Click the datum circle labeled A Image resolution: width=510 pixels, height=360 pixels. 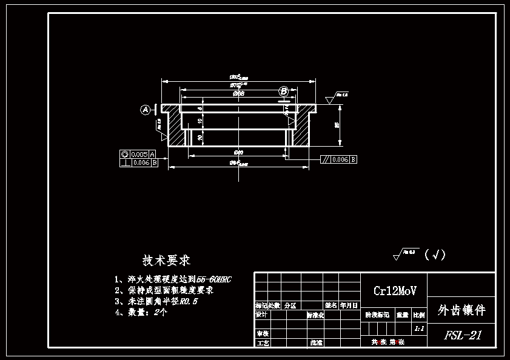(x=146, y=110)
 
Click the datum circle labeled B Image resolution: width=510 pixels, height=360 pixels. (x=284, y=91)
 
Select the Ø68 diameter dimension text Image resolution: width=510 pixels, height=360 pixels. (x=238, y=94)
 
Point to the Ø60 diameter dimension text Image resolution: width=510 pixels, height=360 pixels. (x=238, y=152)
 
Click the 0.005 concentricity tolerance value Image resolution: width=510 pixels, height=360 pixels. (x=139, y=155)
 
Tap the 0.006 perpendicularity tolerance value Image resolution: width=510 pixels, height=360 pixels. (x=140, y=162)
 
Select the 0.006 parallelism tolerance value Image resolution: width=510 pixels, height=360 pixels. (x=340, y=159)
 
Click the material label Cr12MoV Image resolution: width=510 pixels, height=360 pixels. (x=394, y=291)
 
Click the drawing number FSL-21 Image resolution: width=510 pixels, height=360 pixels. (x=462, y=335)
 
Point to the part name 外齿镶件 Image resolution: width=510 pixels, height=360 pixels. (x=461, y=310)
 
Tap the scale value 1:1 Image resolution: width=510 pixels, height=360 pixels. (x=418, y=329)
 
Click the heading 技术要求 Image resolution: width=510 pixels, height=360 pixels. (x=166, y=260)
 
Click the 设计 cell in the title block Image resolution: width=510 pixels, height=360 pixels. (x=261, y=315)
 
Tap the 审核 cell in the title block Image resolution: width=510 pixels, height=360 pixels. (x=261, y=334)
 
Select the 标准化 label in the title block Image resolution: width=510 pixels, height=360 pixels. (x=316, y=315)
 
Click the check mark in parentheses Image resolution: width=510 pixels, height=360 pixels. (x=435, y=255)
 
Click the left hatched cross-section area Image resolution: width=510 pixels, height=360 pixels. (x=175, y=130)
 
